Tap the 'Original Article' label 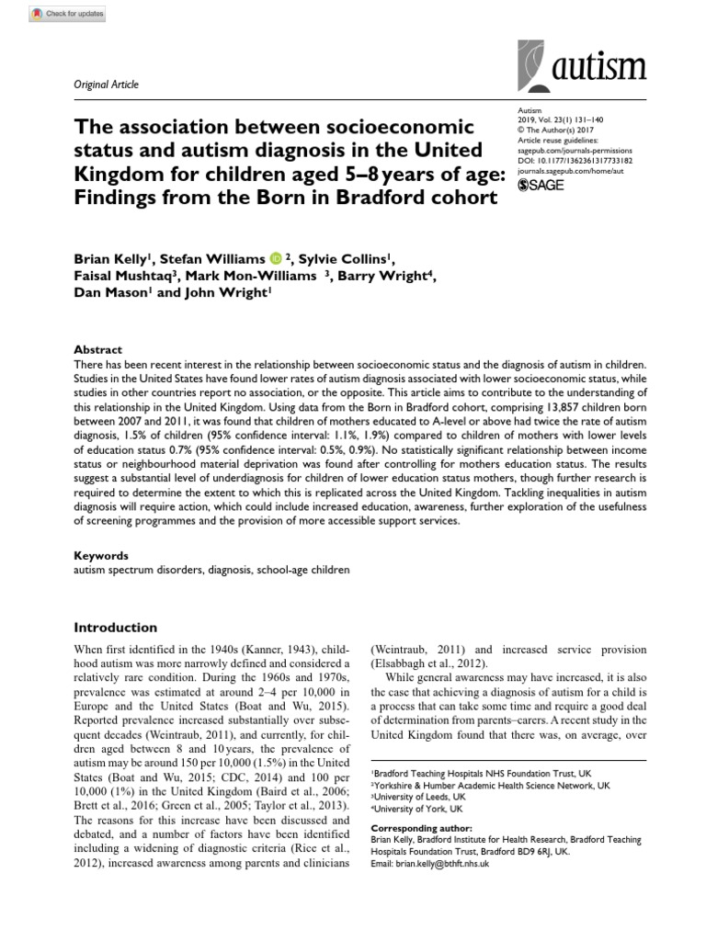(106, 85)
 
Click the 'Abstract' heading (97, 350)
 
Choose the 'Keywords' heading (101, 556)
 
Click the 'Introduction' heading (115, 628)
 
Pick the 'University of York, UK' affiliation (422, 811)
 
